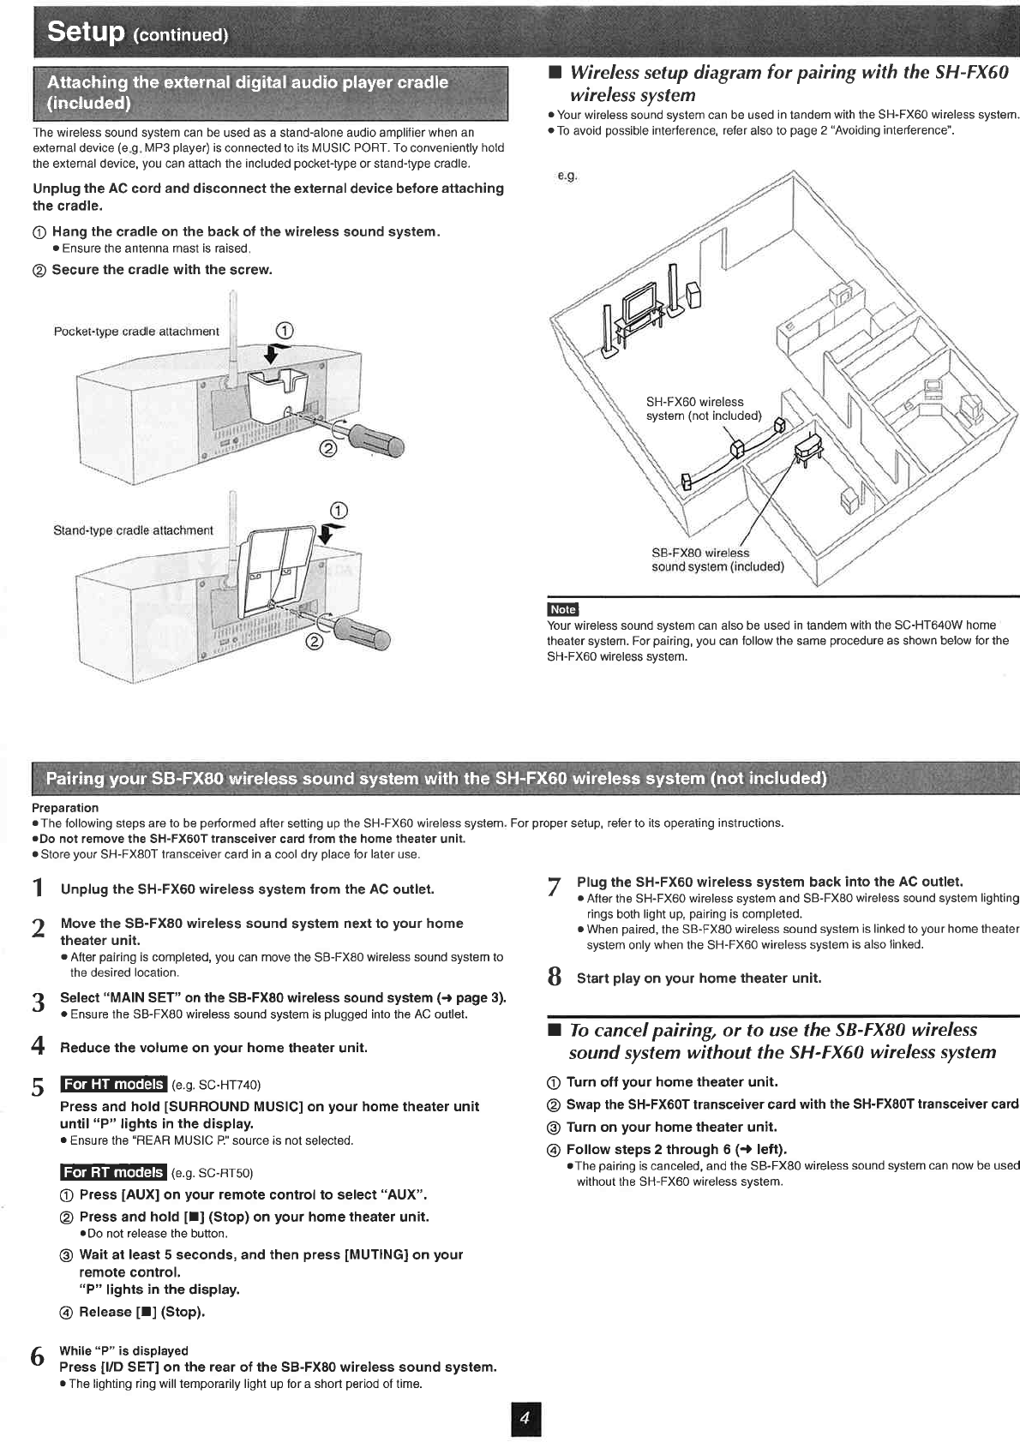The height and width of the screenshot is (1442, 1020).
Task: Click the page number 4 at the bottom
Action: point(525,1420)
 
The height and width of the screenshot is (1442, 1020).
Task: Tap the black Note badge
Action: point(562,609)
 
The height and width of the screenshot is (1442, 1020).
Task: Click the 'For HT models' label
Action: point(113,1084)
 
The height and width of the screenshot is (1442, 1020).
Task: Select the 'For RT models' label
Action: point(113,1172)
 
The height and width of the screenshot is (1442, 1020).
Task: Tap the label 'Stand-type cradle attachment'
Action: point(133,530)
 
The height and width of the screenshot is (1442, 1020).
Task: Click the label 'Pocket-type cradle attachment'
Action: point(136,332)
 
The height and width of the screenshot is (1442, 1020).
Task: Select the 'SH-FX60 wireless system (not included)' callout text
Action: point(703,409)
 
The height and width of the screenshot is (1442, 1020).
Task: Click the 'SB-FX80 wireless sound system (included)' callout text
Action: point(717,559)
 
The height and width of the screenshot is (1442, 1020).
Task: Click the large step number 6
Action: point(37,1357)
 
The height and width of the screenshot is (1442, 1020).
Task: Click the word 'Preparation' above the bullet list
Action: point(65,807)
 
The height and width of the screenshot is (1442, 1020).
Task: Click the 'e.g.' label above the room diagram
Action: point(567,176)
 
